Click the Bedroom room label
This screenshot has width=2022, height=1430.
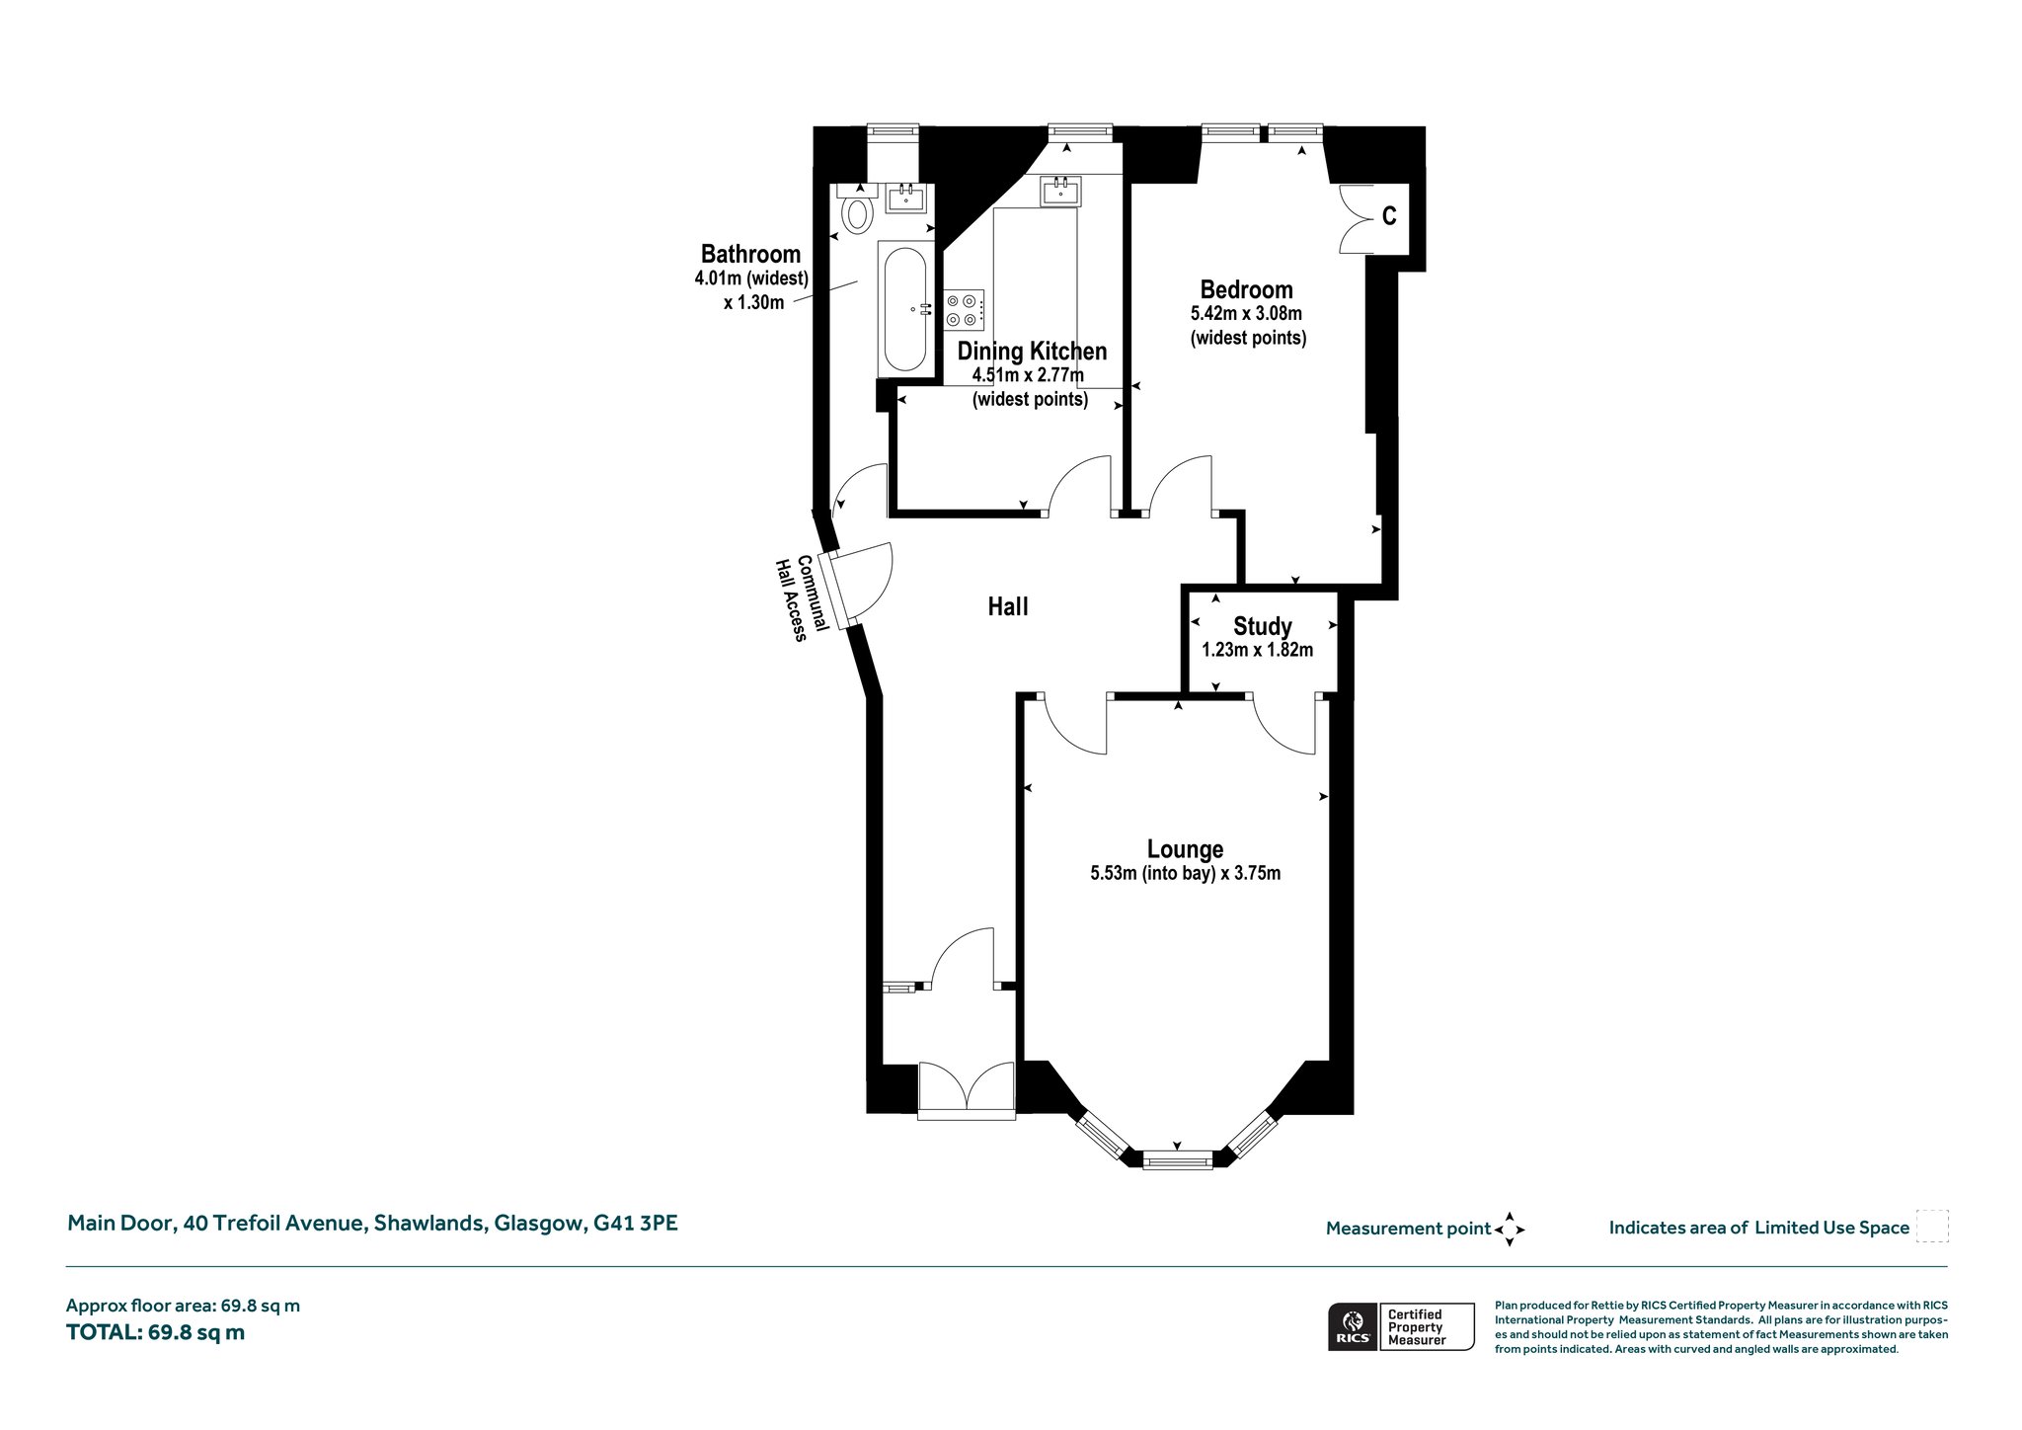(1246, 289)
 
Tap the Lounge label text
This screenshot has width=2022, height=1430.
(1185, 849)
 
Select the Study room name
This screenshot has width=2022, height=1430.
(1263, 626)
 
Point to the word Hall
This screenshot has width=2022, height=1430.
(1008, 606)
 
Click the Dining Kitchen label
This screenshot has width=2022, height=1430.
(1032, 351)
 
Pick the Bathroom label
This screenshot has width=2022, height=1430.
(750, 254)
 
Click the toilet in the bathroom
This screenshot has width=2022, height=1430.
(857, 208)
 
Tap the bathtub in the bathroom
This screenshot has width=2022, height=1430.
(904, 309)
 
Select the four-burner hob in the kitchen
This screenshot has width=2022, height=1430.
(964, 309)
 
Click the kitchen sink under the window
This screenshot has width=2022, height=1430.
(1060, 191)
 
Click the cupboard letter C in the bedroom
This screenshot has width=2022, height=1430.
(1389, 215)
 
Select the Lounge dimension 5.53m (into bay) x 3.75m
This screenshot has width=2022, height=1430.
(1185, 873)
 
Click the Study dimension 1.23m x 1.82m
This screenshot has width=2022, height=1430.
(1257, 650)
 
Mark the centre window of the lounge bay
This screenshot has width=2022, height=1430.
(1177, 1159)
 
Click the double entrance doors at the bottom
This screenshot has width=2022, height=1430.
(966, 1090)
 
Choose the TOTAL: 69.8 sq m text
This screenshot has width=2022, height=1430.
(155, 1332)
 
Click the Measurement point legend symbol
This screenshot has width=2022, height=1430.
(1510, 1230)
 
